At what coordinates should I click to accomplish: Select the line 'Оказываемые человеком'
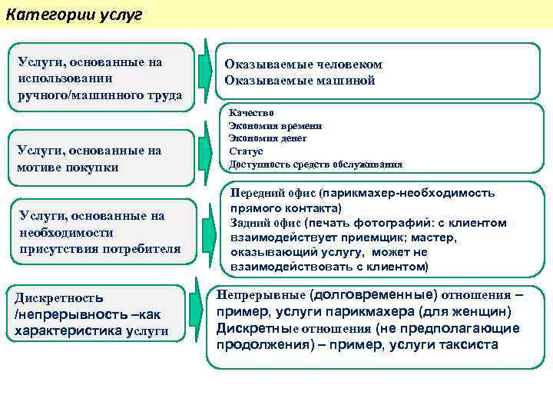303,65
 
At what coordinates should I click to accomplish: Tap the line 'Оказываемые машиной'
300,80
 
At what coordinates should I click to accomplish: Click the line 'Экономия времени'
275,125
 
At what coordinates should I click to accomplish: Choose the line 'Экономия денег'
267,138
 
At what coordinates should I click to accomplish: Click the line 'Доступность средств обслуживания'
315,164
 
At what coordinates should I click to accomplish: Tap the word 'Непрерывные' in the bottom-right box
260,295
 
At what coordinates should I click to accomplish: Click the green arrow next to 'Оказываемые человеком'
204,71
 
